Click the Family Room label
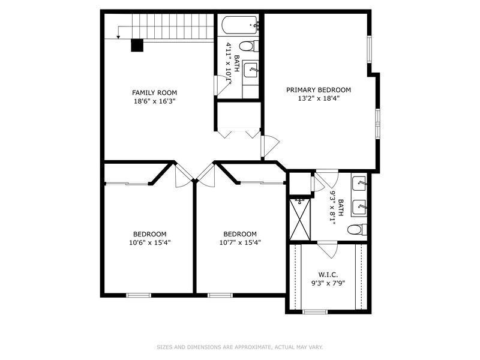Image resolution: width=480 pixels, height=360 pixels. (x=154, y=92)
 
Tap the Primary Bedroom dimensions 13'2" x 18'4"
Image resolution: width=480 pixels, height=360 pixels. (x=319, y=98)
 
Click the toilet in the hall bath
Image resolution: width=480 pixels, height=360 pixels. (x=248, y=47)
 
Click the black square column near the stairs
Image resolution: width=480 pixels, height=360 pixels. (x=137, y=46)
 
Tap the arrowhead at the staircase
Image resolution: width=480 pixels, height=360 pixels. (x=118, y=37)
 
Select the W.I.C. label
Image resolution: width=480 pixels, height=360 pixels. (x=328, y=275)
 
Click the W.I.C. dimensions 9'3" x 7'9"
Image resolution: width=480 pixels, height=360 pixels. (x=328, y=283)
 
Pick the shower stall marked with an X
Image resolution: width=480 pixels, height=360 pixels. (x=299, y=219)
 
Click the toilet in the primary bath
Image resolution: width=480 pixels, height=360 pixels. (x=357, y=229)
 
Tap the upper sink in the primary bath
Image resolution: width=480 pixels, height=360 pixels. (x=359, y=184)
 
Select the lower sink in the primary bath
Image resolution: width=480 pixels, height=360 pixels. (x=359, y=208)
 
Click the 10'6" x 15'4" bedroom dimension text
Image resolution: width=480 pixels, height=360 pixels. (x=149, y=243)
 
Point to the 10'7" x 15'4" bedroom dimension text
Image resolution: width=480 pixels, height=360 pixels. (x=240, y=243)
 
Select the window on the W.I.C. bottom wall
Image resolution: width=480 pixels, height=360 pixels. (x=315, y=312)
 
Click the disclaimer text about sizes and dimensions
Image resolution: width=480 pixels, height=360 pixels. (x=239, y=347)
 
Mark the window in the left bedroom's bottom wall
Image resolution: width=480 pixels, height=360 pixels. (x=139, y=295)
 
